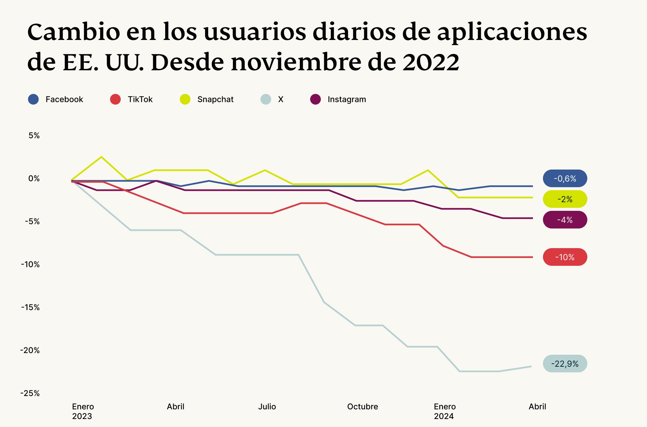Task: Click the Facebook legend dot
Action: pos(33,99)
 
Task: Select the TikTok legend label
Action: pos(140,99)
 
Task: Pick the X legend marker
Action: pos(266,99)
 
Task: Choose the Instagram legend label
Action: pos(347,99)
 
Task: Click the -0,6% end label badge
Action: pos(565,179)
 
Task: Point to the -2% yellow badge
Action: pos(565,199)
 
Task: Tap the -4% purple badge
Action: pos(565,220)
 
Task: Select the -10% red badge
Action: pos(565,257)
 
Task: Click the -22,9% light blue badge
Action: pos(565,364)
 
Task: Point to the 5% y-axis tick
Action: pos(34,136)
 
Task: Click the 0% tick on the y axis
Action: pos(34,179)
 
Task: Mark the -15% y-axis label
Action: pos(30,307)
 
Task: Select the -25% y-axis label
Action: pos(30,393)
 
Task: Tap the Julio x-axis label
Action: pos(267,407)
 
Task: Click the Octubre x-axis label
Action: pos(363,407)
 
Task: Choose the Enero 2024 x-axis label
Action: pos(445,411)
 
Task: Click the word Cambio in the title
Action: pos(73,32)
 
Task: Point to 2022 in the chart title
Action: pos(431,62)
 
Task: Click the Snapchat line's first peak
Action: pos(101,157)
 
